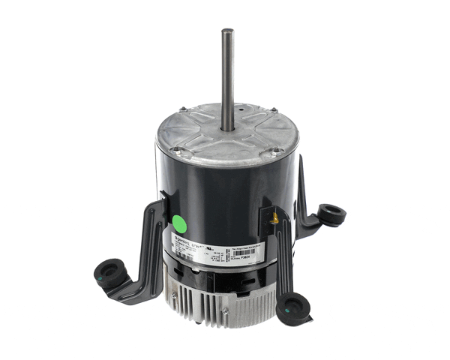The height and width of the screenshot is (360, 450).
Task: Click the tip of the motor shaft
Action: [224, 31]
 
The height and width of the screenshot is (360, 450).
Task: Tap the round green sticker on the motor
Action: [180, 223]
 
